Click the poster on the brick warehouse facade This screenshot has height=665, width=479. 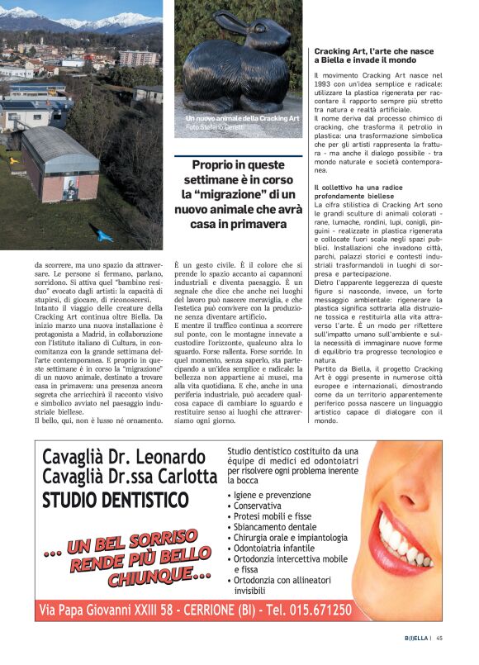(x=74, y=188)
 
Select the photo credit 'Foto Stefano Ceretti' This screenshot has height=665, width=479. (x=216, y=127)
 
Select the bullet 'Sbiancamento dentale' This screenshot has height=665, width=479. (x=274, y=526)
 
